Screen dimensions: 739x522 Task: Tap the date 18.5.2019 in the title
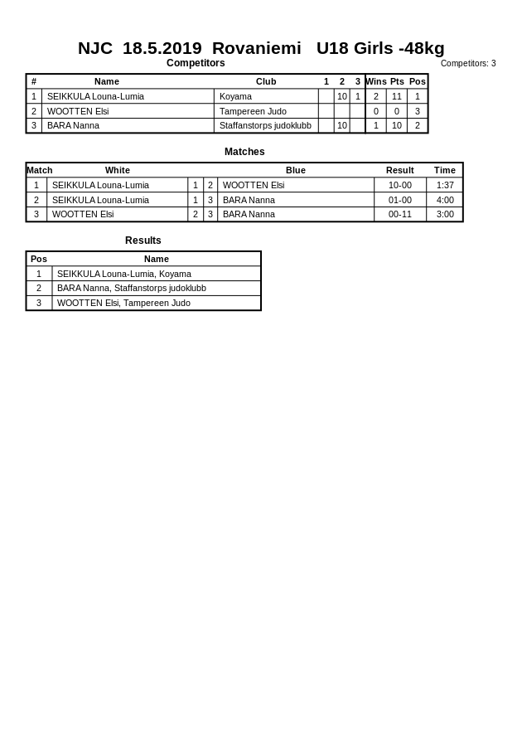(162, 48)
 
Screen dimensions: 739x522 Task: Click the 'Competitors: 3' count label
(468, 64)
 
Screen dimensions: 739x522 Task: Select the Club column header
(266, 81)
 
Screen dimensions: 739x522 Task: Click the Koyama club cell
(235, 96)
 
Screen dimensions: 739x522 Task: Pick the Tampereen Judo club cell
(253, 111)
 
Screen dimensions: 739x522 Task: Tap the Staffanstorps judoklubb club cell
(265, 126)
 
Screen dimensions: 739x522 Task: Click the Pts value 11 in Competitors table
(397, 96)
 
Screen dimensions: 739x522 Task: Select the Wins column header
(376, 81)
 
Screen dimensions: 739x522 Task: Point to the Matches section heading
(244, 152)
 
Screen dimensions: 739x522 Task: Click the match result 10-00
(400, 185)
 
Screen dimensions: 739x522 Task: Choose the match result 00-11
(400, 214)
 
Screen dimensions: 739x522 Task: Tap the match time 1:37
(445, 185)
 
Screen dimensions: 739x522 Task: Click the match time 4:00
(445, 200)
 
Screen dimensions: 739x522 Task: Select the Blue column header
(296, 170)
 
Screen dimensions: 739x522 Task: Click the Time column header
(445, 170)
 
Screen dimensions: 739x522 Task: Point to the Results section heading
(143, 241)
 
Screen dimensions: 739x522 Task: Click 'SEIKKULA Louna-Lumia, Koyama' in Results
(124, 274)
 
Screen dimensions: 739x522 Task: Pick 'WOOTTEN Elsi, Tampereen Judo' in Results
(123, 303)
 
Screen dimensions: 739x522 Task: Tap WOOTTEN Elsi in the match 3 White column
(83, 214)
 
